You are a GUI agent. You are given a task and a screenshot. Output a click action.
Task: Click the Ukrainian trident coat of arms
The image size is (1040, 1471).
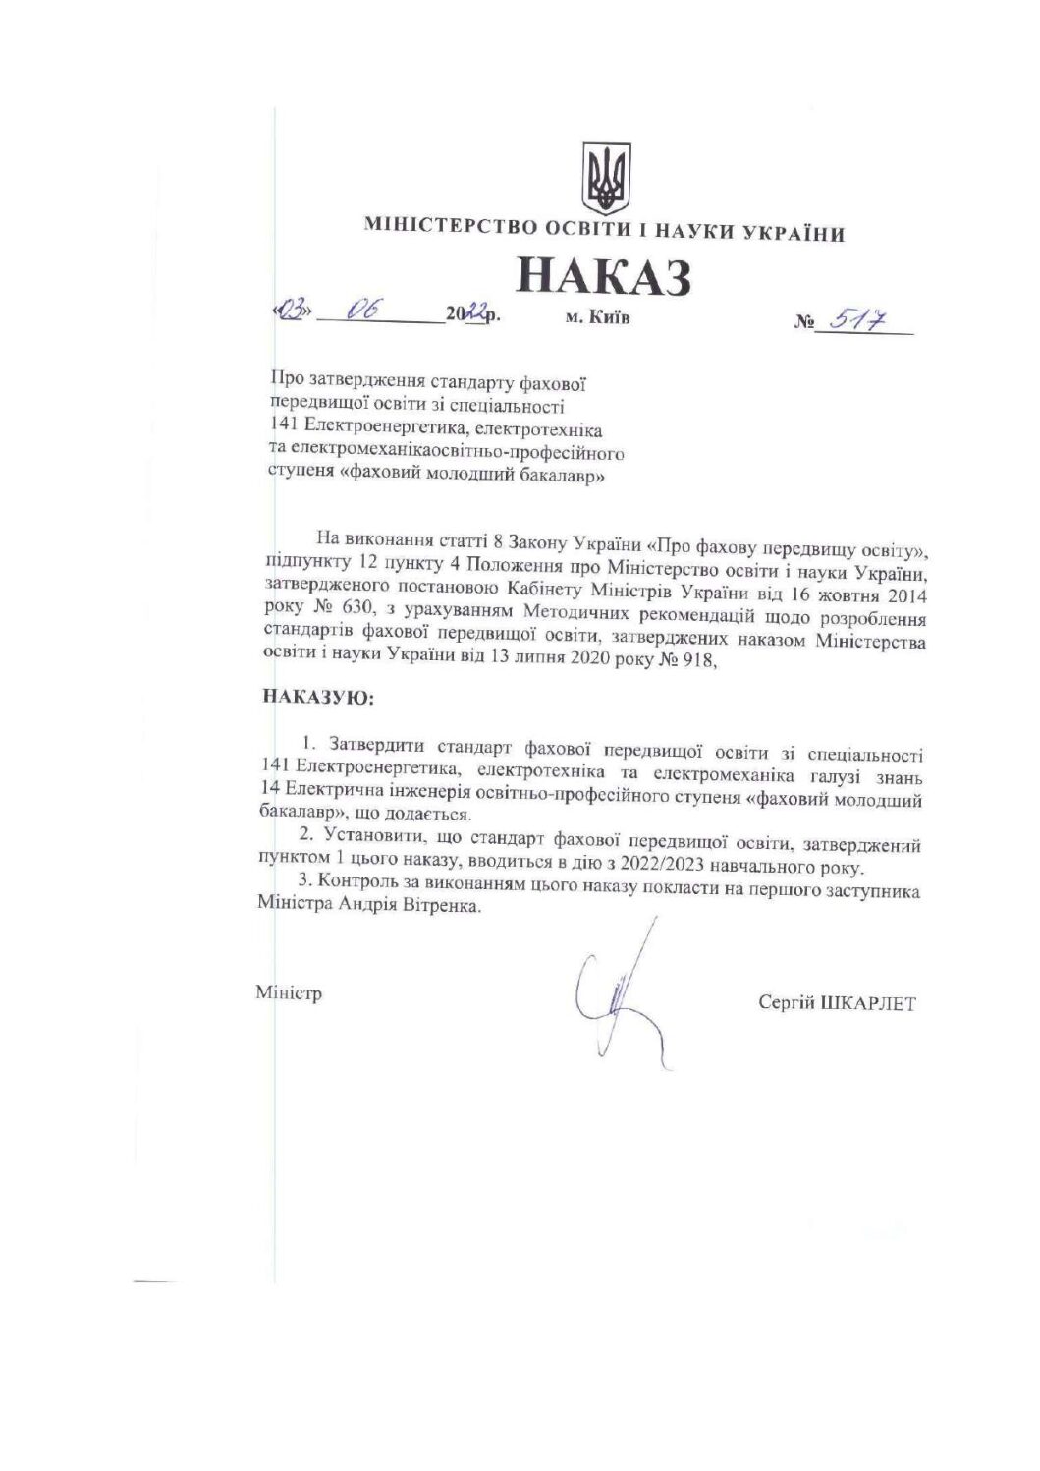click(x=606, y=179)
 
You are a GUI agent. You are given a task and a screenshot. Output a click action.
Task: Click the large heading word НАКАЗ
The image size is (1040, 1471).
click(x=603, y=277)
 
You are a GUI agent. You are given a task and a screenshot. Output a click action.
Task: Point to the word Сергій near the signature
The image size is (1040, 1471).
click(x=785, y=1003)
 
